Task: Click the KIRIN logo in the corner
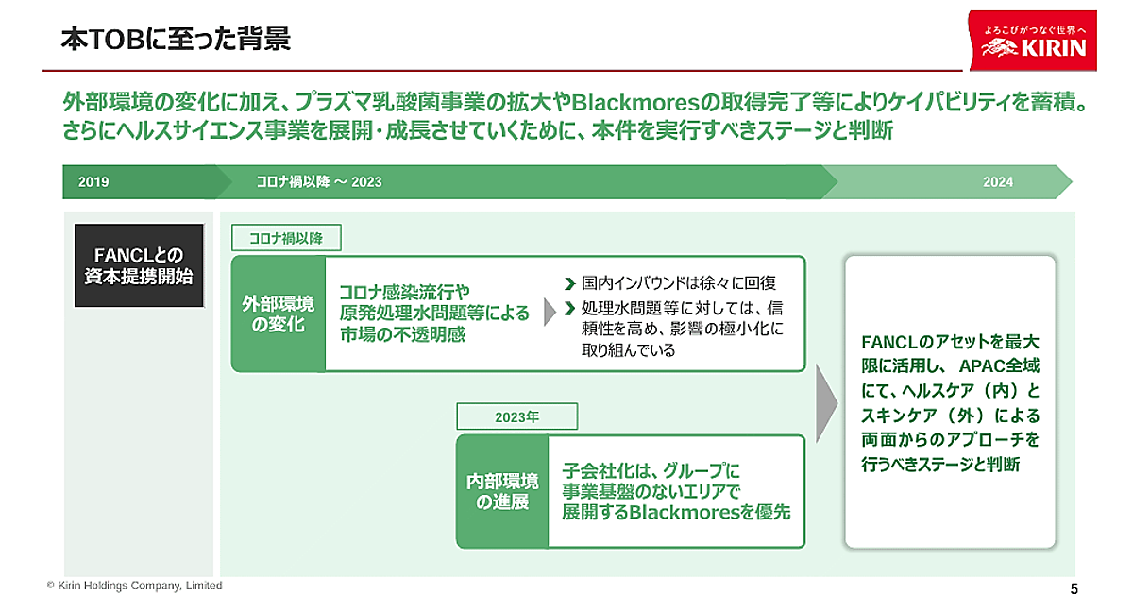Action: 1034,41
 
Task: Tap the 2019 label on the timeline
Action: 93,182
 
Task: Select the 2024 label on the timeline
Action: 998,182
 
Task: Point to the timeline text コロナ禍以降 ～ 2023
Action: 318,182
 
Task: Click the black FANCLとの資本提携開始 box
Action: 139,265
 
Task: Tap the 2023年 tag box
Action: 516,416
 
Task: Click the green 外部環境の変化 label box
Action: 279,314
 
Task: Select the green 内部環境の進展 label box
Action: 502,491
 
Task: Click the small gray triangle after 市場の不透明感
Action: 550,314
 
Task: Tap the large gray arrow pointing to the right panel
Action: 826,401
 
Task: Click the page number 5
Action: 1074,587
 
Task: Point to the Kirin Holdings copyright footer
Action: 135,586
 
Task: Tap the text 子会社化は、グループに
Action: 649,469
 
